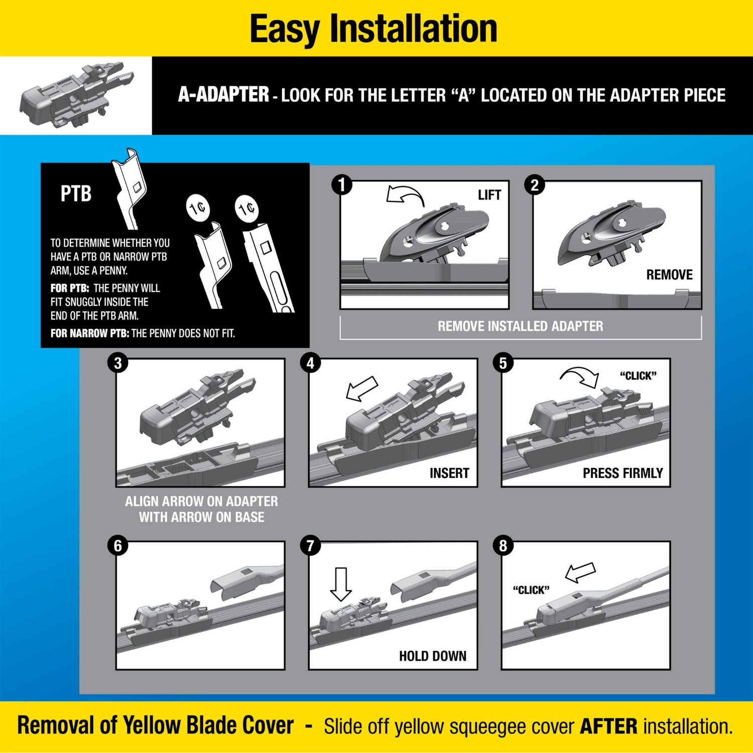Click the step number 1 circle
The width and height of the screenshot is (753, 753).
click(342, 185)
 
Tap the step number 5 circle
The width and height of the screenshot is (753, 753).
click(503, 363)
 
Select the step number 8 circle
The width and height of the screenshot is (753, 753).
click(503, 546)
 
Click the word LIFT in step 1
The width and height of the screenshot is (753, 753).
click(489, 195)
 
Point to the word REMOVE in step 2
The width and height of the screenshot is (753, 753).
click(669, 275)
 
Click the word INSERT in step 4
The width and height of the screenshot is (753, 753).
click(449, 473)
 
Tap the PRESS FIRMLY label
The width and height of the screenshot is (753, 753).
click(622, 473)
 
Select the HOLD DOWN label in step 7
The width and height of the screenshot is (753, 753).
click(433, 656)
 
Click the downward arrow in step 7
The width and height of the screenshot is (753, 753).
click(341, 584)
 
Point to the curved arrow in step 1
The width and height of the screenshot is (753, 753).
click(405, 195)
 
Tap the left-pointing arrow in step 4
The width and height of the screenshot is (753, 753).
click(362, 389)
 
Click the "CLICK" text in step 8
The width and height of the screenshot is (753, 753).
click(531, 590)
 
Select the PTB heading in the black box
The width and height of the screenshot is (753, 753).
click(76, 194)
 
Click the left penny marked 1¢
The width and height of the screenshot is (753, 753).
click(198, 208)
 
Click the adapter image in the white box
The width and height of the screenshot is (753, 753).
click(76, 95)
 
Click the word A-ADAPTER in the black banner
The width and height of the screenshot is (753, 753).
click(224, 95)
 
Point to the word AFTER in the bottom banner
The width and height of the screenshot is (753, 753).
click(608, 726)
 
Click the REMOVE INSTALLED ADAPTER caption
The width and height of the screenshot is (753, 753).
click(521, 326)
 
